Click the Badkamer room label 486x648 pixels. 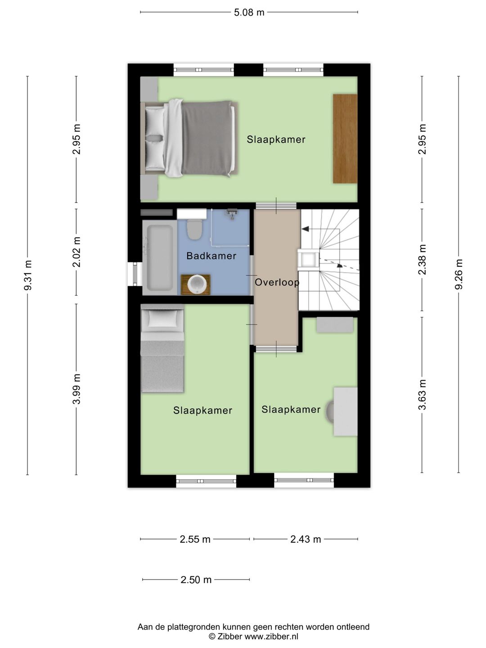[x=211, y=256]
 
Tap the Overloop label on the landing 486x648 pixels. [x=277, y=282]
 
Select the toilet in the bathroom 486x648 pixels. [x=194, y=229]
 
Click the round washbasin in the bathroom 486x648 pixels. [x=196, y=284]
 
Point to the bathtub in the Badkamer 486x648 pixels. [x=160, y=258]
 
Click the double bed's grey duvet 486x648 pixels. [x=207, y=138]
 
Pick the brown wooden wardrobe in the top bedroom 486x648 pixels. [x=345, y=139]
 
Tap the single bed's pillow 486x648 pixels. [x=162, y=319]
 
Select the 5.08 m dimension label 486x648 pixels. [x=249, y=13]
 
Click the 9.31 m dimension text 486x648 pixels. [x=28, y=275]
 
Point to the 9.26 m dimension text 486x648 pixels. [x=459, y=274]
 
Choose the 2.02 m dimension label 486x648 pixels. [x=76, y=252]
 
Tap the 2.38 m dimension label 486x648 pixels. [x=422, y=260]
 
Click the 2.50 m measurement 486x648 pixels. [x=196, y=580]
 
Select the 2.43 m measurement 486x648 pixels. [x=306, y=540]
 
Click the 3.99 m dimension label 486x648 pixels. [x=76, y=389]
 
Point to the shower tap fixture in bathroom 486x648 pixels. [x=232, y=214]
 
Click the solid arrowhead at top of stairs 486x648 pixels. [x=305, y=229]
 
